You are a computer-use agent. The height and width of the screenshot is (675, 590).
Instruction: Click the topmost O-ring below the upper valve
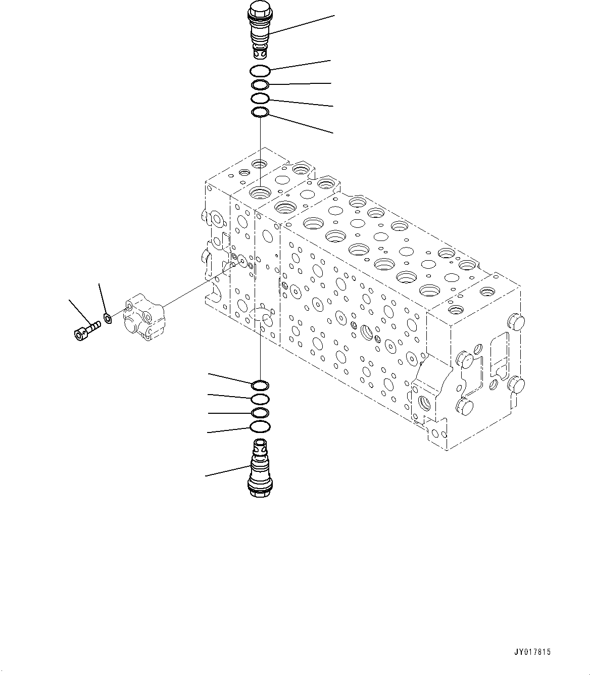coord(261,71)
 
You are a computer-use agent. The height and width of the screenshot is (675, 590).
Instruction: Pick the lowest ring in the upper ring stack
coord(260,112)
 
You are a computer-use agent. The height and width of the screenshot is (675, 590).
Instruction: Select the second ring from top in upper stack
coord(260,84)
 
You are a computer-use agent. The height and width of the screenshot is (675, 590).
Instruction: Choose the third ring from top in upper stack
coord(260,98)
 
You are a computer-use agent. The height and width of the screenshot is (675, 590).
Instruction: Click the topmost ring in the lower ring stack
coord(260,385)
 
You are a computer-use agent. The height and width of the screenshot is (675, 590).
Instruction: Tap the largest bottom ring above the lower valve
coord(260,427)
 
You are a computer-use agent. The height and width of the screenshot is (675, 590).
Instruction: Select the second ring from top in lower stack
coord(260,399)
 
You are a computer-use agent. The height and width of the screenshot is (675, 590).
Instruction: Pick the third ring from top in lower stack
coord(260,413)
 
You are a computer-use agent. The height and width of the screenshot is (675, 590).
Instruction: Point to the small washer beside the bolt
coord(107,318)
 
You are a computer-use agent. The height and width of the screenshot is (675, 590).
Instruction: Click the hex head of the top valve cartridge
coord(260,9)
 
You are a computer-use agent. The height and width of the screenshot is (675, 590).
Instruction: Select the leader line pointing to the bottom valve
coord(227,471)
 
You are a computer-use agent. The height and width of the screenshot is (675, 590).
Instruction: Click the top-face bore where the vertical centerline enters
coord(261,191)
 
